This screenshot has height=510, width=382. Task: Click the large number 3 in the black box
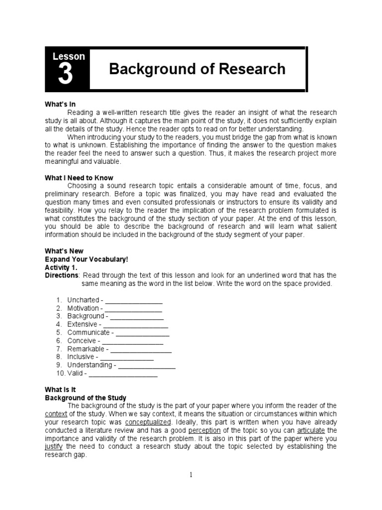coord(65,75)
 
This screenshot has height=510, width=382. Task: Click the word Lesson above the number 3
coord(69,56)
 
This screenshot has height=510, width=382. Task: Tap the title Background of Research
coord(197,69)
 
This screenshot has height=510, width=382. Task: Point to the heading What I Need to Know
coord(79,178)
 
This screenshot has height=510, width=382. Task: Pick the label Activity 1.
coord(59,267)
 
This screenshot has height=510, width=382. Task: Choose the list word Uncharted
coord(83,300)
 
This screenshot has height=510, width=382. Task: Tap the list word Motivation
coord(83,308)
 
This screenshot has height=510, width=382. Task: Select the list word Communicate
coord(89,333)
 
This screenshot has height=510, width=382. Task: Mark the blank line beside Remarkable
coord(141,349)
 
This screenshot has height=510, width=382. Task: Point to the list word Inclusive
coord(81,357)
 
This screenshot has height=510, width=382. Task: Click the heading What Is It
coord(60,389)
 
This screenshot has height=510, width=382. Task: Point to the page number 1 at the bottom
coord(191,475)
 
